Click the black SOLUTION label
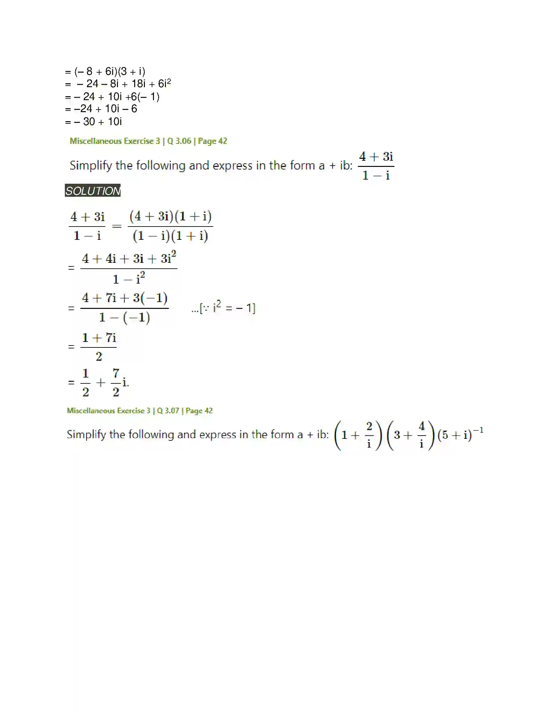(93, 191)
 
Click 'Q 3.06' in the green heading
(179, 141)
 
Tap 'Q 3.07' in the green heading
(168, 411)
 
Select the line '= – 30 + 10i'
(93, 122)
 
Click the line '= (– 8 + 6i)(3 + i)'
(105, 71)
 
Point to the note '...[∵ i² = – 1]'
(223, 308)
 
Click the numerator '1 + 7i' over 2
(99, 338)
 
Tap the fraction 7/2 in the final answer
(116, 382)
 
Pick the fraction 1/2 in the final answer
(86, 382)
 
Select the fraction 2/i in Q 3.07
(369, 435)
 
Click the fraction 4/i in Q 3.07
(422, 435)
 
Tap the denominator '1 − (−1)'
(124, 317)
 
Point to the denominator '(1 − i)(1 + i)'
(170, 236)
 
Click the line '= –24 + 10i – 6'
(101, 109)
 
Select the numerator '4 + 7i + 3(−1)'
(125, 298)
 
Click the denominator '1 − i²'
(129, 279)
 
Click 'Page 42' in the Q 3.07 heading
(199, 411)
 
